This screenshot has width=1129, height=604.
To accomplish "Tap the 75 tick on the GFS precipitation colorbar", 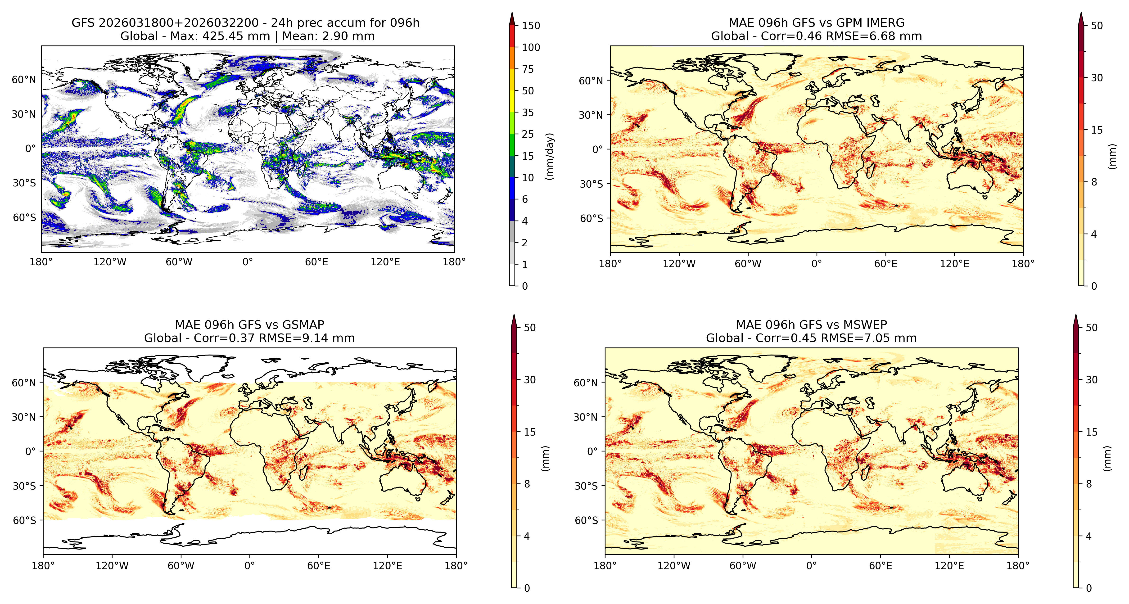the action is tap(528, 69).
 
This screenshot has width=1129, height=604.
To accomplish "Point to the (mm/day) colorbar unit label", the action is tap(550, 156).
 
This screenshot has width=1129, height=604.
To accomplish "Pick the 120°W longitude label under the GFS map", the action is tap(110, 262).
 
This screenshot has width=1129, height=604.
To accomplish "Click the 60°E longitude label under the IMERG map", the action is tap(886, 264).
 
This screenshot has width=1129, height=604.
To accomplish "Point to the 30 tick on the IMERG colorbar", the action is tap(1097, 78).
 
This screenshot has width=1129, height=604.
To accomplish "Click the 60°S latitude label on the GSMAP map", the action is tap(25, 520).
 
